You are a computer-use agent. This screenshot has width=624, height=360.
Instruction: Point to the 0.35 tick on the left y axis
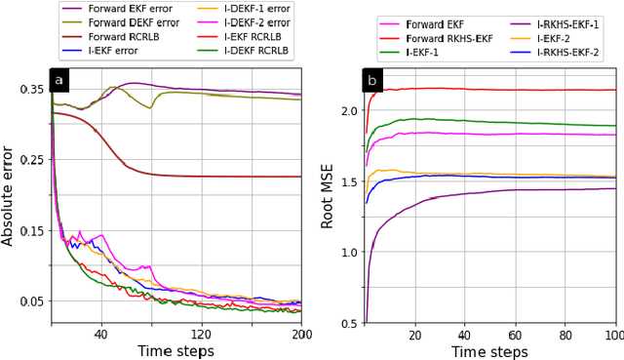(x=32, y=90)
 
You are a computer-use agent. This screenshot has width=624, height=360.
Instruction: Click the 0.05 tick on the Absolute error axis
(x=32, y=301)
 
